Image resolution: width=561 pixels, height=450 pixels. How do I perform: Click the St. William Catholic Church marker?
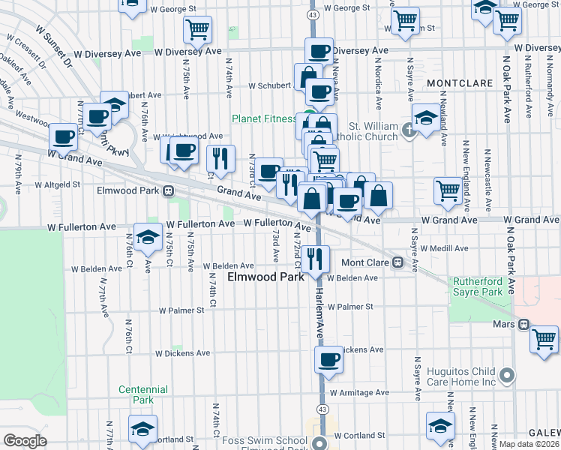click(x=409, y=130)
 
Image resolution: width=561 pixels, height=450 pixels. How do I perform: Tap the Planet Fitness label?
click(x=264, y=118)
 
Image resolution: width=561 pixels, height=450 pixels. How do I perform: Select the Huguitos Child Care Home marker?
click(x=507, y=375)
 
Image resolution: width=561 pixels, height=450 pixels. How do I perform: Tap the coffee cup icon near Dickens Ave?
click(x=328, y=359)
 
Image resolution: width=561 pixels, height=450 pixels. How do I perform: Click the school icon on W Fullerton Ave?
click(x=148, y=235)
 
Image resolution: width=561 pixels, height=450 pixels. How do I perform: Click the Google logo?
click(x=25, y=441)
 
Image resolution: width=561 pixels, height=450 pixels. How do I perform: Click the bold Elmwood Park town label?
click(x=265, y=277)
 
